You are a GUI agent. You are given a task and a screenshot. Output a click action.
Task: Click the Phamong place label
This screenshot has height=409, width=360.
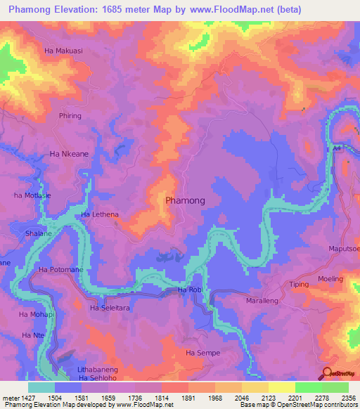(185, 200)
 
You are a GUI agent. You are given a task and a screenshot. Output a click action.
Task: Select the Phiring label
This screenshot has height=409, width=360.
(70, 116)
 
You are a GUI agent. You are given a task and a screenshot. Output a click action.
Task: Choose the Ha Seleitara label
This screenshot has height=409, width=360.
(111, 308)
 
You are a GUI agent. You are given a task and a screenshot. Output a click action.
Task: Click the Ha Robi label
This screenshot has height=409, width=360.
(190, 290)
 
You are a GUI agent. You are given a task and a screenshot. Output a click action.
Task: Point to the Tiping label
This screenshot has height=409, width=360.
(300, 285)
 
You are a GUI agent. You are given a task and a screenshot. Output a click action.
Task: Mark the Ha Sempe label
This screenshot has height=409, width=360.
(202, 353)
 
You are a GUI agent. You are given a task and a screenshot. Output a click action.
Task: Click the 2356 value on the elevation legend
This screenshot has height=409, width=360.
(348, 397)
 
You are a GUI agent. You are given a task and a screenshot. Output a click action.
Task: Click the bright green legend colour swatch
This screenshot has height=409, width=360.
(308, 387)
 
